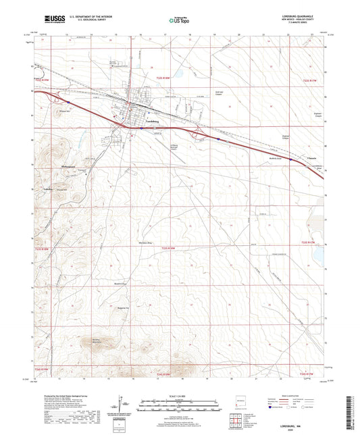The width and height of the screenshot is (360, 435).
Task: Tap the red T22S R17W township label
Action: tap(309, 81)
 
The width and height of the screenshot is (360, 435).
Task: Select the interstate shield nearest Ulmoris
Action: tap(290, 160)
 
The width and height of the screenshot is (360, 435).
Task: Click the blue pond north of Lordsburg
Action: tap(179, 71)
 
